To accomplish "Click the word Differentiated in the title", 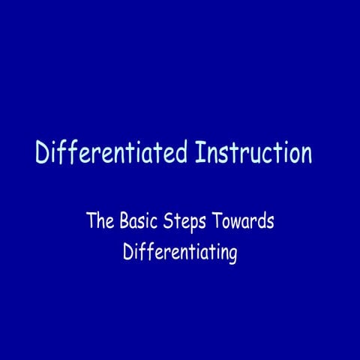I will tap(112, 153).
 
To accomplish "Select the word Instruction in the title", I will tap(253, 153).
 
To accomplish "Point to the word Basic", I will tap(138, 222).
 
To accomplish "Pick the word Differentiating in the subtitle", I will tap(180, 253).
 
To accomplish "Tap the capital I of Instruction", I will tap(199, 153).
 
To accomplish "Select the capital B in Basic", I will tap(123, 222).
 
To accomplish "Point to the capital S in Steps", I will tap(169, 222).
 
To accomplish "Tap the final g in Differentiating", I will tap(232, 256).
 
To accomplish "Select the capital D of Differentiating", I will tap(128, 253).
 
